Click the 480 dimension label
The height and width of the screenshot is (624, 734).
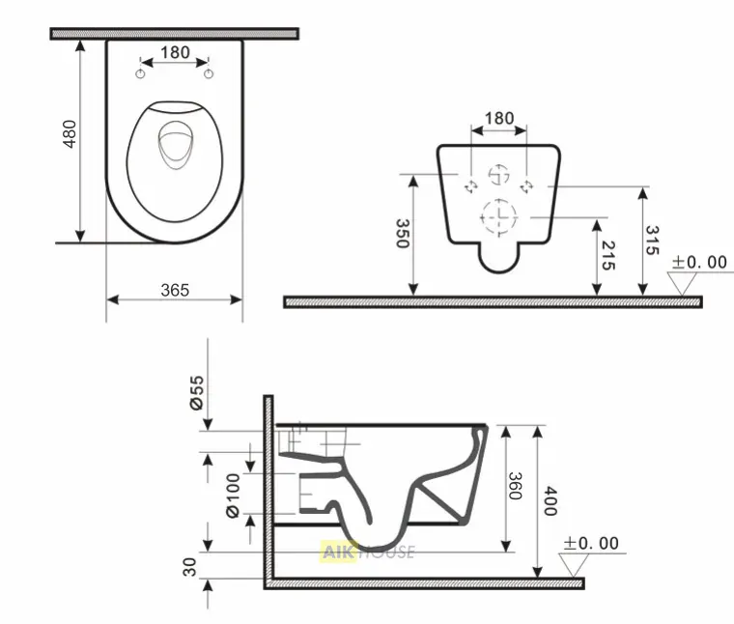(x=70, y=134)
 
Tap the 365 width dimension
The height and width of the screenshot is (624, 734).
(x=175, y=290)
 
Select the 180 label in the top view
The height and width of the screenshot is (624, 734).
(x=175, y=52)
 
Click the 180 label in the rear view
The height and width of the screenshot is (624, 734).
(x=499, y=118)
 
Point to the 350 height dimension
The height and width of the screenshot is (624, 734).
(x=403, y=233)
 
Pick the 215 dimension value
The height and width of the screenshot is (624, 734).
(x=607, y=256)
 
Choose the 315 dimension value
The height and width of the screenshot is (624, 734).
(x=652, y=241)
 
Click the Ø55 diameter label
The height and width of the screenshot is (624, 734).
(x=197, y=392)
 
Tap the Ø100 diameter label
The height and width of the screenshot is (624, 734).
(x=233, y=496)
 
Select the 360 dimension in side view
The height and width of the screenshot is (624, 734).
(x=515, y=486)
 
